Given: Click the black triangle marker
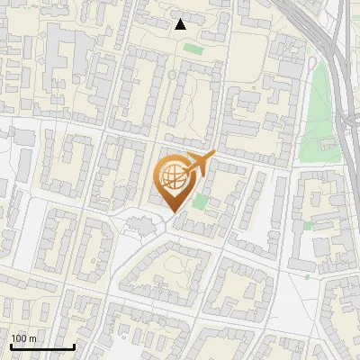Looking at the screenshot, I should click(181, 24).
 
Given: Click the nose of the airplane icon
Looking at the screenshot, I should click(214, 154).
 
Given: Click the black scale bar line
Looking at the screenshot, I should click(42, 346).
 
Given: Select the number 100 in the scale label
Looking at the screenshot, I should click(20, 338).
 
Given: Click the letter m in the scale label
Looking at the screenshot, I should click(33, 338).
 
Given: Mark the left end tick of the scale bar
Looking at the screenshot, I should click(11, 345).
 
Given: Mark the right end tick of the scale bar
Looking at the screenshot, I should click(74, 345).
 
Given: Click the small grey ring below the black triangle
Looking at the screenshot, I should click(172, 76).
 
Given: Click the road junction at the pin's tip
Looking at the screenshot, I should click(171, 220).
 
